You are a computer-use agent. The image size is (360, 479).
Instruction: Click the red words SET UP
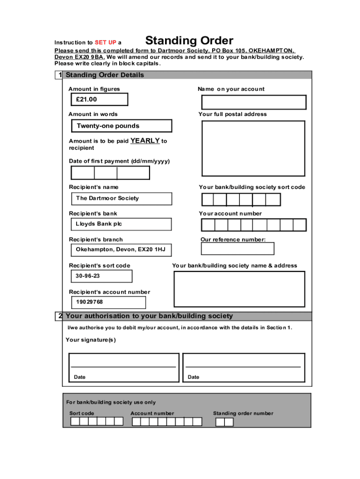coord(105,43)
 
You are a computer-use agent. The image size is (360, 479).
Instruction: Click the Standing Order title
coord(189,41)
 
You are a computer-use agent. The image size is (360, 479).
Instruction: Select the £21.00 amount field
coord(99,100)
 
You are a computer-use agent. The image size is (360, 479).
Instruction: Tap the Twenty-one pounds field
coord(121,126)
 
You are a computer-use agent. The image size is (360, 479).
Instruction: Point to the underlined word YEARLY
coord(145,141)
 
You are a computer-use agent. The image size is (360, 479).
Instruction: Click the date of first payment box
coord(110,173)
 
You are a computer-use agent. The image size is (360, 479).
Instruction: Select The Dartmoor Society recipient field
coord(121,198)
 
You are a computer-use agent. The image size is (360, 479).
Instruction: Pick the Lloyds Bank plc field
coord(121,224)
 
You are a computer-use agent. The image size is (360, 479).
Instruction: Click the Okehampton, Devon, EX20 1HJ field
coord(121,250)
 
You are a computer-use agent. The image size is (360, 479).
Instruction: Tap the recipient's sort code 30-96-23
coord(101,276)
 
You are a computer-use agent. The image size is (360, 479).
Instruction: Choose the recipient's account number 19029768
coord(108,302)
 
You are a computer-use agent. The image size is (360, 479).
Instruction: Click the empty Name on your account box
coord(253,102)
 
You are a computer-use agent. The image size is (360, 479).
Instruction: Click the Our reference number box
coord(237,248)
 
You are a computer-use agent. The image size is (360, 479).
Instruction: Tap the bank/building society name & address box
coord(239,289)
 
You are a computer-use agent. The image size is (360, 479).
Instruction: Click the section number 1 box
coord(58,75)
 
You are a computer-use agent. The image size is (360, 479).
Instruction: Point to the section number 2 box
coord(59,316)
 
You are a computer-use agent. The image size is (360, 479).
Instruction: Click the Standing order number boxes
coord(224,422)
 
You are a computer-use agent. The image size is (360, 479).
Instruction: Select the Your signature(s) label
coord(91,340)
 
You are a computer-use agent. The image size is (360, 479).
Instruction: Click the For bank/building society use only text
coord(111,402)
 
